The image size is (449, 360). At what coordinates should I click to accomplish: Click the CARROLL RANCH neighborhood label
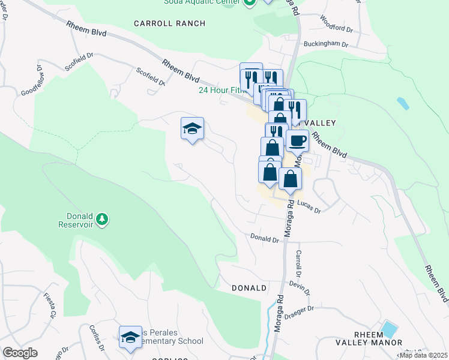tap(169, 23)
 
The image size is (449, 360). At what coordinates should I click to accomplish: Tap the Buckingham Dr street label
tap(326, 44)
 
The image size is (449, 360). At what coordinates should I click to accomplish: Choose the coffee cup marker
tap(297, 142)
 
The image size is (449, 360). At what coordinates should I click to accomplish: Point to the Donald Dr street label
tap(265, 239)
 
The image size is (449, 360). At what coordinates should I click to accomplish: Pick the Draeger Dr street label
tap(301, 310)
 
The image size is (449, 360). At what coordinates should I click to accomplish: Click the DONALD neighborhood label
tap(249, 288)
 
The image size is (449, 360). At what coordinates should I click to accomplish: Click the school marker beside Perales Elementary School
tap(130, 338)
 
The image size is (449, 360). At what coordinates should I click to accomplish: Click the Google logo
tap(20, 353)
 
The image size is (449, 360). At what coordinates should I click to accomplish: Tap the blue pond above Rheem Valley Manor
tap(390, 329)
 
